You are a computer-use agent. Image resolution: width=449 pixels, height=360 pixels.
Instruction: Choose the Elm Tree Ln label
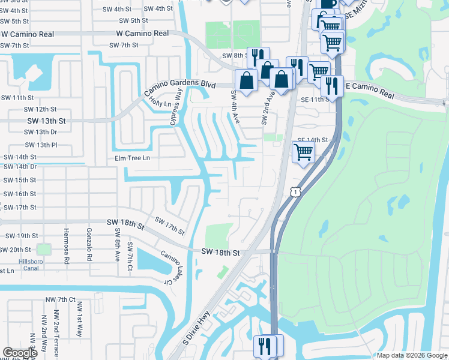[128, 158]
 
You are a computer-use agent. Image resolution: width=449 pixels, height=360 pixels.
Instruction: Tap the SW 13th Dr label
[41, 132]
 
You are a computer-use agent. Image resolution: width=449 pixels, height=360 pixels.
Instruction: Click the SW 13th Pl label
[41, 145]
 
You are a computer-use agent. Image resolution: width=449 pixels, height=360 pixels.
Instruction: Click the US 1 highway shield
[294, 191]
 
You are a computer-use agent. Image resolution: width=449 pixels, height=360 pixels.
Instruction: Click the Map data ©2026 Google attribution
[412, 355]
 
